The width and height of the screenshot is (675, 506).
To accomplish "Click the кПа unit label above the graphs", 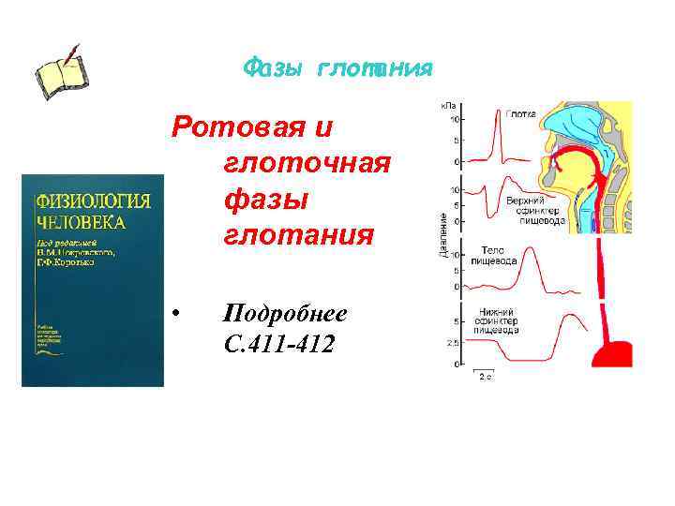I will point(450,105).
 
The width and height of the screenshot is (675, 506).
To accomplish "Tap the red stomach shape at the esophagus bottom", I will point(612,354).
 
